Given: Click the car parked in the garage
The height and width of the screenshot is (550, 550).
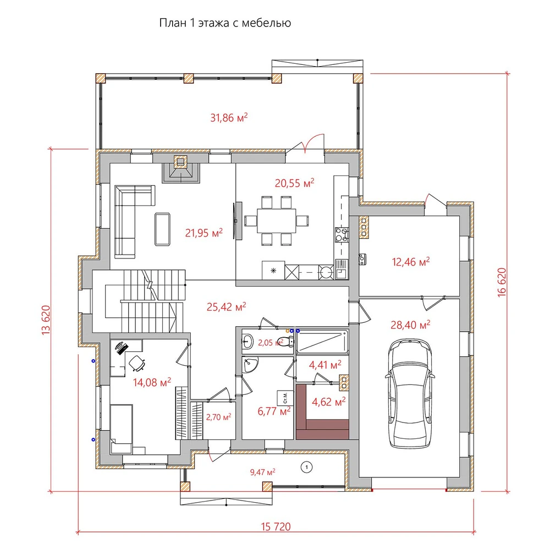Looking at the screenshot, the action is [410, 393].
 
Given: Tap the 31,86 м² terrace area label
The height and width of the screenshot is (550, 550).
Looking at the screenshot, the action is [229, 118].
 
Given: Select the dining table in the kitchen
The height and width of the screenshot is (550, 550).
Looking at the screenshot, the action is [276, 221].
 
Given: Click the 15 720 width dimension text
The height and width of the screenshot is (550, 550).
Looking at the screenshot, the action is [276, 526].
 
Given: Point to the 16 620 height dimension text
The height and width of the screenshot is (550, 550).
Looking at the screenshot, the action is [502, 282].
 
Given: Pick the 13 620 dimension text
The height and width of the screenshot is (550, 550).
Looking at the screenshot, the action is [46, 320].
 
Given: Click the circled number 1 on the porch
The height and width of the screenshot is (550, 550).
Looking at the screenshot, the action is [306, 467].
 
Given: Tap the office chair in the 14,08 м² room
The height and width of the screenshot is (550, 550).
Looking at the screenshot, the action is [137, 363].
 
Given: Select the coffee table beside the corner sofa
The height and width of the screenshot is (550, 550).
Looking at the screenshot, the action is [162, 229].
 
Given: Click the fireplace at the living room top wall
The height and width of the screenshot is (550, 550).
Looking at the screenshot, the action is [180, 169].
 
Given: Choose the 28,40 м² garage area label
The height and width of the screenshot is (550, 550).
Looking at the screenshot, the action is [410, 325].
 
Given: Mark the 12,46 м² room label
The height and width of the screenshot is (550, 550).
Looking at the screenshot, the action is [411, 262].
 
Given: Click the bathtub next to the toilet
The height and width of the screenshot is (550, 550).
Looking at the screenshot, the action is [322, 342].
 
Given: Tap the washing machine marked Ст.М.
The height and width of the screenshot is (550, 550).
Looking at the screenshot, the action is [285, 398].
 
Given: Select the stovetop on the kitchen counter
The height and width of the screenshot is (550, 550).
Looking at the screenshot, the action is [342, 235].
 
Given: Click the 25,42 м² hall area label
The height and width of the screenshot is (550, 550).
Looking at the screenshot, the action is [226, 307].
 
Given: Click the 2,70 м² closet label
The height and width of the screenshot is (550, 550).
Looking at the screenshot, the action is [218, 417].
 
